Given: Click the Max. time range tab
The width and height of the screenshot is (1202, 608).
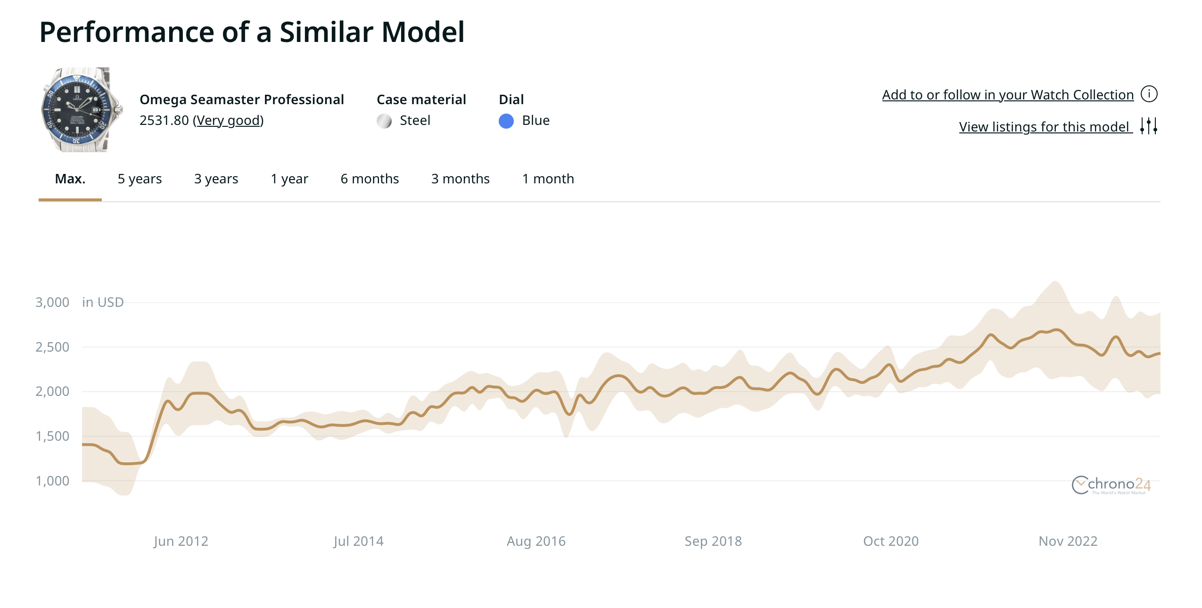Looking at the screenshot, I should point(70,179).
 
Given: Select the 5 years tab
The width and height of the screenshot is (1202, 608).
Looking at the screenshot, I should point(140,179).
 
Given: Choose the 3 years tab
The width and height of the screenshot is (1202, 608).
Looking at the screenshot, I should point(216,179).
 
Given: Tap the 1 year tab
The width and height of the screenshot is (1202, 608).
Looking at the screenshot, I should point(289,179).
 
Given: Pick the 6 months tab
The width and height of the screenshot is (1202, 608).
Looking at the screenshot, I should point(370,179).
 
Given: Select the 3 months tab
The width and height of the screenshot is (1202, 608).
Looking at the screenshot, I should point(460,179).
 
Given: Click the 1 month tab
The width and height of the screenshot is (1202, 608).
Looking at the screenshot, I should point(548,179).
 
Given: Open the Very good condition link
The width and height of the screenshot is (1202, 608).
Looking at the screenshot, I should point(228,121).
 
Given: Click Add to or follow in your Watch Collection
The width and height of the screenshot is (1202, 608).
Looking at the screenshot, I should point(1007,95).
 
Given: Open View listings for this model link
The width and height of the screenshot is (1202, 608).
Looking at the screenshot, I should point(1045,127).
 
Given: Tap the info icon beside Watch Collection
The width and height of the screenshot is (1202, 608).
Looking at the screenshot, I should point(1149,94).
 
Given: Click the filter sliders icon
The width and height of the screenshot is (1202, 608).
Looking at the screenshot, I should point(1149,126).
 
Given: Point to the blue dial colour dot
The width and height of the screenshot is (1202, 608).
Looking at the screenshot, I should point(506,121).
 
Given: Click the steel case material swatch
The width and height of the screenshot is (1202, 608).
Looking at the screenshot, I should point(384,121).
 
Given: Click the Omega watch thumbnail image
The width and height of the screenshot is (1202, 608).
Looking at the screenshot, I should point(81,110).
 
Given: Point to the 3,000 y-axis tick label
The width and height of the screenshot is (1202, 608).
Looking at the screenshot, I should point(52,303).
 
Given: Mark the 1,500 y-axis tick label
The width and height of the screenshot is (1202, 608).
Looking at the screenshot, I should point(52,436).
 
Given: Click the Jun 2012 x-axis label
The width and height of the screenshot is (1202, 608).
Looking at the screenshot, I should point(181,541).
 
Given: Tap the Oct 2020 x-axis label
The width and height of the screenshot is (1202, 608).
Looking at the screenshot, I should point(890,541).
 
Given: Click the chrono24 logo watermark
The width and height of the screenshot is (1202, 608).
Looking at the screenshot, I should point(1111,485).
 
